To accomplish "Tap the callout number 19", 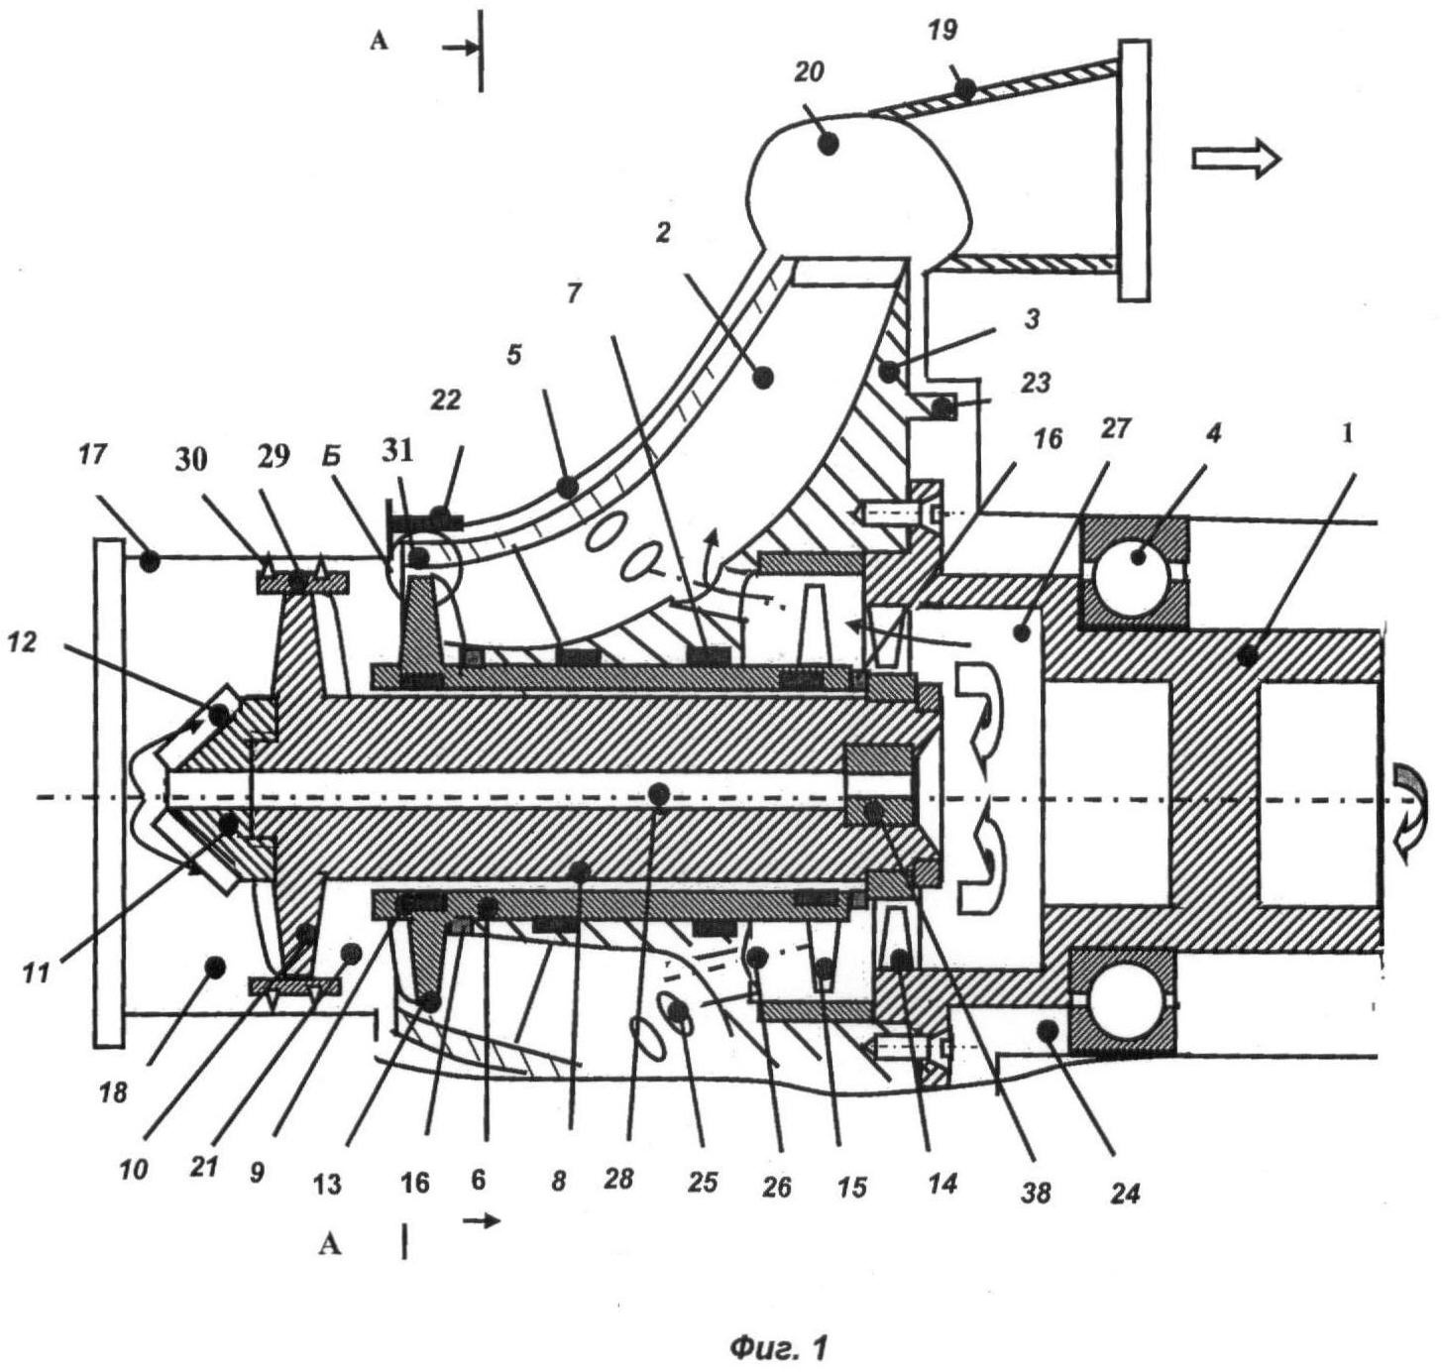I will click(943, 30).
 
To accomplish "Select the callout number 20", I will click(809, 73).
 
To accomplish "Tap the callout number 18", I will click(115, 1092).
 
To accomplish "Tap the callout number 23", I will click(1034, 382).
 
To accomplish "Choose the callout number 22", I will click(446, 400).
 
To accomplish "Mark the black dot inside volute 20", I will click(829, 144).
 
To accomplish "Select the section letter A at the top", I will click(378, 43).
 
